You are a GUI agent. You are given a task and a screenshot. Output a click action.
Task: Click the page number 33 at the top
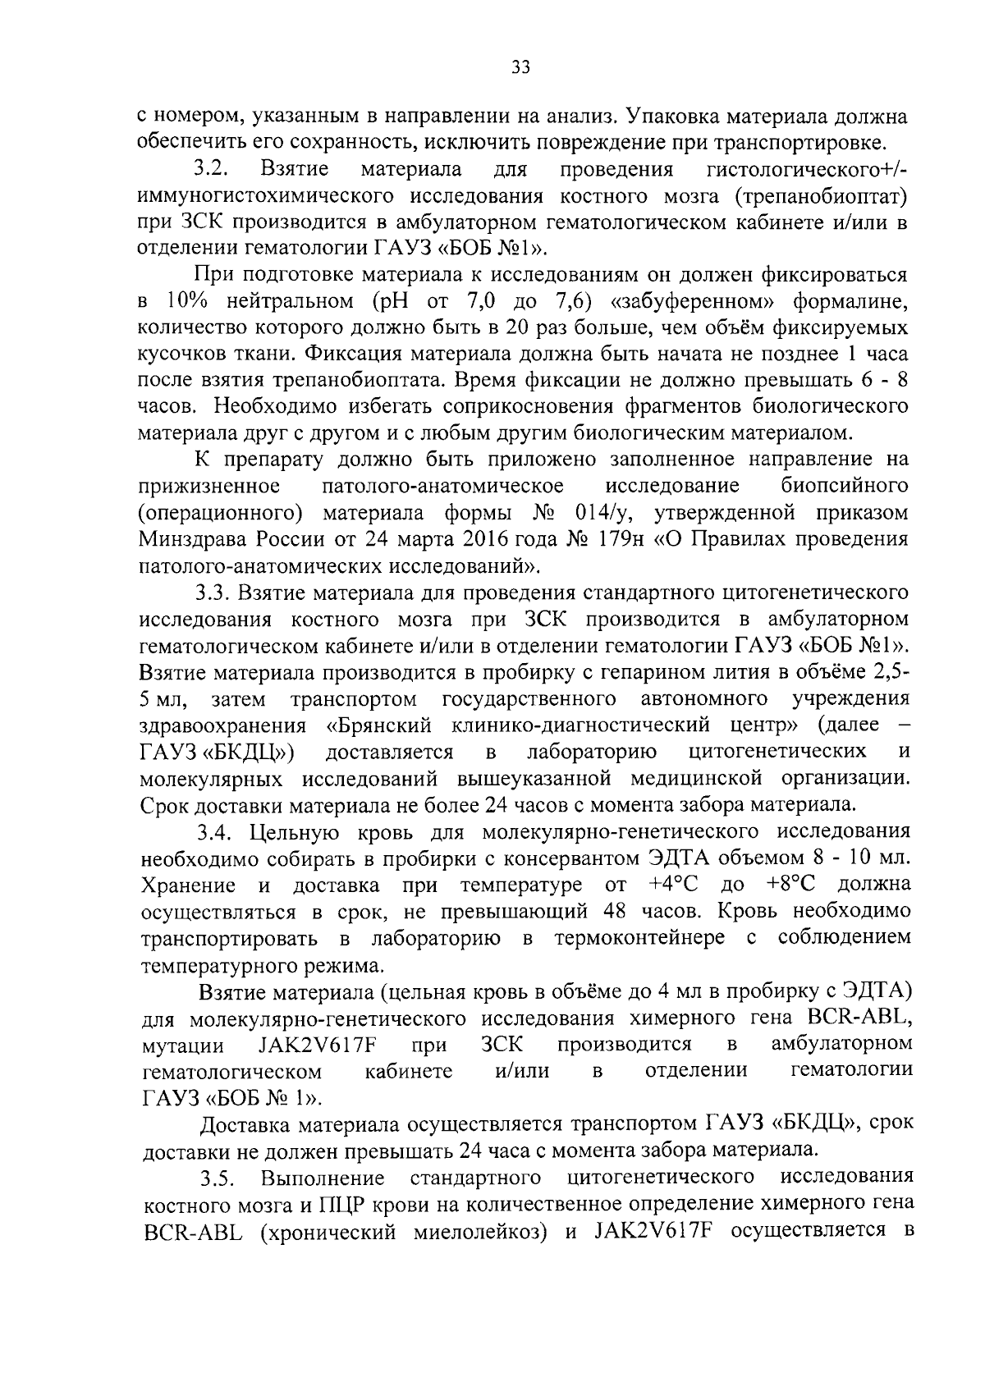520,68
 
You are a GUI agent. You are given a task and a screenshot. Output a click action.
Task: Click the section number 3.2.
213,170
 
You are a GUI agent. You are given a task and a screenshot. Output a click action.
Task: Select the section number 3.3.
213,593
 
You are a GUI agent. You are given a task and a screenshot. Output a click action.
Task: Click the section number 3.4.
218,832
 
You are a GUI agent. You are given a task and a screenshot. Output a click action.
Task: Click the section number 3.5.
219,1178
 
